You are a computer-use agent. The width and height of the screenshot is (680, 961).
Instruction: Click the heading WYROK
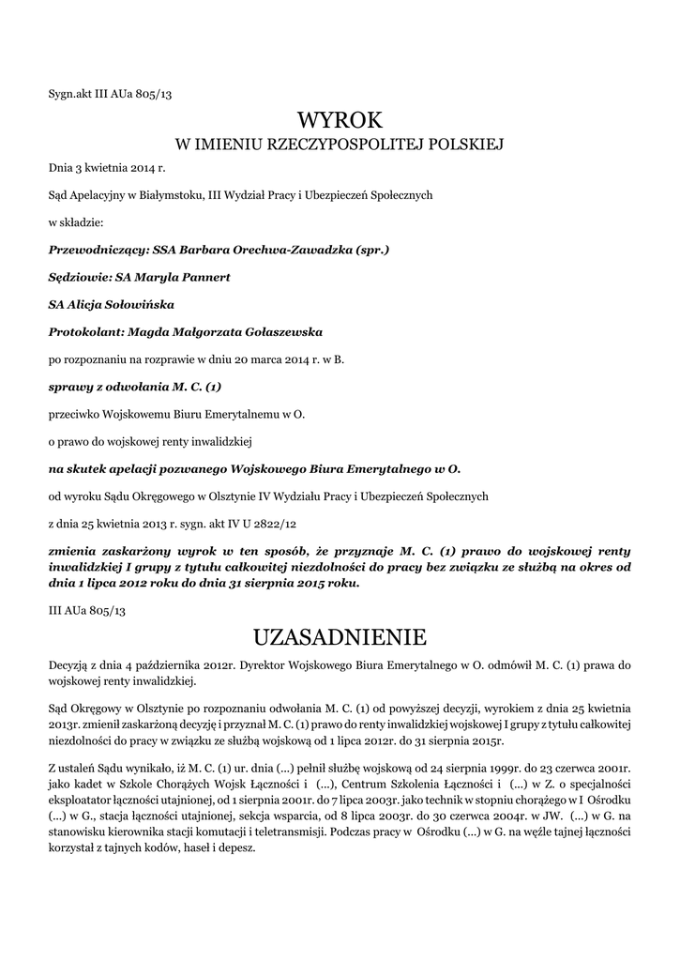(340, 120)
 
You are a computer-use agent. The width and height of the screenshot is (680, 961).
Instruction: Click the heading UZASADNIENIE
(340, 637)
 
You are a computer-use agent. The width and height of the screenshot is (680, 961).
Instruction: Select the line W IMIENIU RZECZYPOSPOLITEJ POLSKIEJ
(340, 145)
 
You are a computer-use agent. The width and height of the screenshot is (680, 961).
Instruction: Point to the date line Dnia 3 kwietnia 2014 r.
(107, 168)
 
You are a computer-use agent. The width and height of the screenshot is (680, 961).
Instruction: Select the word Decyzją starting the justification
(68, 664)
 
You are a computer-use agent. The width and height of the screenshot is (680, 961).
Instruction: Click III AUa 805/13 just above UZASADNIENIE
(86, 610)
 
